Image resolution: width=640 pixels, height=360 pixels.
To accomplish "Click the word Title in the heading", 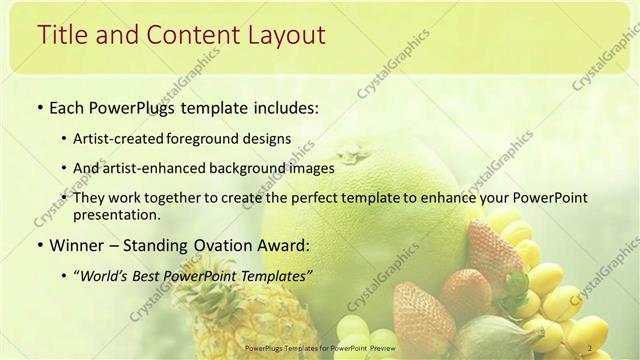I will click(x=61, y=35).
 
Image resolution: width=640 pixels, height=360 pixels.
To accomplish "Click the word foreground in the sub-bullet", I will click(x=215, y=140).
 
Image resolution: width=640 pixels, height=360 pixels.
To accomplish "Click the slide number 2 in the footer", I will click(x=593, y=348).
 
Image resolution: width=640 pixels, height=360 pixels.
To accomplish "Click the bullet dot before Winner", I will click(x=39, y=245).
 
